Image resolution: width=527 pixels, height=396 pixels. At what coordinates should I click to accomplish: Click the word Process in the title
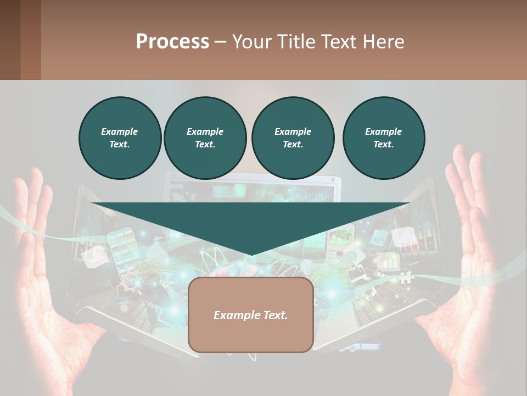click(172, 42)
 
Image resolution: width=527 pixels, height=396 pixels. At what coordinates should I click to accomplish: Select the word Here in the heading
click(383, 42)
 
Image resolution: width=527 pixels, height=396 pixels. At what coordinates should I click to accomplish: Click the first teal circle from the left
click(120, 138)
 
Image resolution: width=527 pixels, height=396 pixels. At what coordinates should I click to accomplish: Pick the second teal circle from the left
click(205, 138)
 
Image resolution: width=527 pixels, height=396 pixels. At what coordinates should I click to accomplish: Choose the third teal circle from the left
click(293, 138)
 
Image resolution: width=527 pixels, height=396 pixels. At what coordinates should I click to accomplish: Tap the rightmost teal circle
click(383, 138)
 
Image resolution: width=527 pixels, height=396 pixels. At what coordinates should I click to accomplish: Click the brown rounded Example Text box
click(251, 315)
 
